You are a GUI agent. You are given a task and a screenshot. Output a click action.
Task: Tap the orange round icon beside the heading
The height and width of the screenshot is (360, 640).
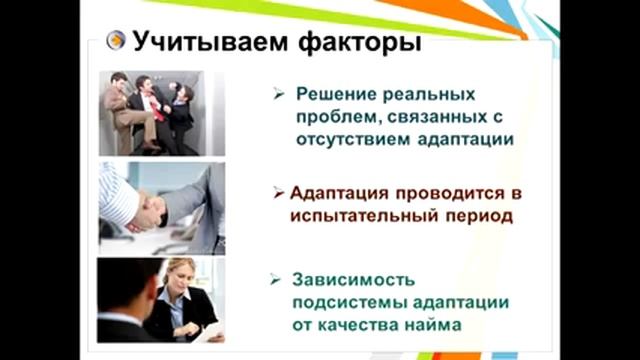116,42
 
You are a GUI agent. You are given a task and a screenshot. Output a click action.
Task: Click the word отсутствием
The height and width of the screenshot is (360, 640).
355,140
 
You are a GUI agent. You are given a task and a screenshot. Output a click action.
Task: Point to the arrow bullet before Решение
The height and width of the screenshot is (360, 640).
281,95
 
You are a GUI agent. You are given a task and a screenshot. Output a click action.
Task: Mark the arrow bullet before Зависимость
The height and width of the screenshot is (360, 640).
281,277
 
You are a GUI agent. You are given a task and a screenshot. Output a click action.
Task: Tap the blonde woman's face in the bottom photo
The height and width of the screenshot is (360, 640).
181,278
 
